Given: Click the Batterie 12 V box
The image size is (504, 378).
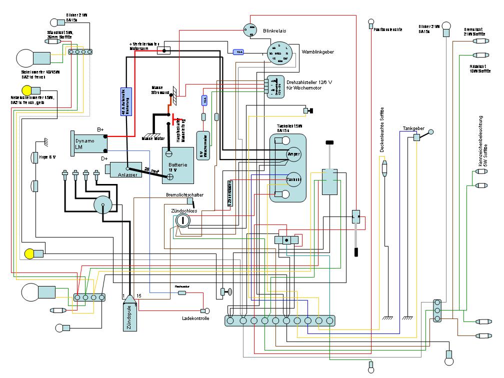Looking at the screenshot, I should (177, 160).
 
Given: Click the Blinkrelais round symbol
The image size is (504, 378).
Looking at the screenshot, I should (250, 29).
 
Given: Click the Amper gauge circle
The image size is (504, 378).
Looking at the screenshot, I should (293, 154).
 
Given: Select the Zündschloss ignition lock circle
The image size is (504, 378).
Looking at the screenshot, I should (183, 220).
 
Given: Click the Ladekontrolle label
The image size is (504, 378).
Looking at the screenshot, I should (196, 318).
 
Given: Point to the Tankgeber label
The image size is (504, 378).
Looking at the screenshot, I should (413, 128).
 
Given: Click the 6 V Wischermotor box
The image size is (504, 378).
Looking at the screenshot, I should (202, 145).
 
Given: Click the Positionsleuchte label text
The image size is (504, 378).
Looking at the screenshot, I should (388, 29).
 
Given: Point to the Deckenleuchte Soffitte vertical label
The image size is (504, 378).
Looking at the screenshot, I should (382, 129).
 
